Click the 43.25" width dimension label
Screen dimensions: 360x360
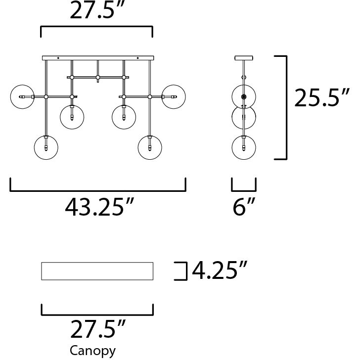tap(99, 207)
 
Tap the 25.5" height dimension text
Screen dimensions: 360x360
tap(321, 97)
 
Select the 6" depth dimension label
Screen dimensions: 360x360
tap(244, 207)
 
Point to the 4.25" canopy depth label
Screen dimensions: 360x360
tap(220, 270)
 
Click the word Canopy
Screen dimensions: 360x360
tap(92, 351)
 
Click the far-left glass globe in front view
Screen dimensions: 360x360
tap(22, 96)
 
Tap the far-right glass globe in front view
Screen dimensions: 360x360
tap(174, 96)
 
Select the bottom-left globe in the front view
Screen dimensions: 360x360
tap(46, 147)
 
